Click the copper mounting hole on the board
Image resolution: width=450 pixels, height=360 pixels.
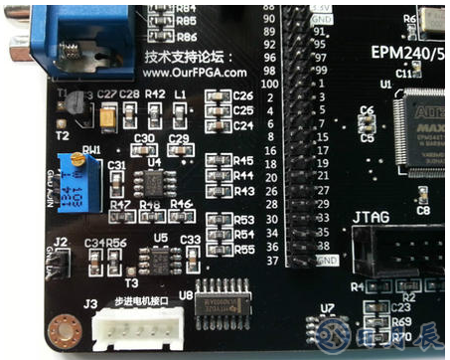pyautogui.click(x=66, y=327)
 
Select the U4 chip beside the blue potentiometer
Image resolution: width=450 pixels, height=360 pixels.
pyautogui.click(x=154, y=180)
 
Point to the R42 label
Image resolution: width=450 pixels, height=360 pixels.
pyautogui.click(x=155, y=93)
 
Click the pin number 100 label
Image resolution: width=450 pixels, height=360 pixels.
pyautogui.click(x=268, y=86)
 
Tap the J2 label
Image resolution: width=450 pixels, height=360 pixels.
pyautogui.click(x=61, y=242)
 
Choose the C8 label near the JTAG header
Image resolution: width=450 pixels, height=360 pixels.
pyautogui.click(x=423, y=210)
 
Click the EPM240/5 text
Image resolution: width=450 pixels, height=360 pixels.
pyautogui.click(x=407, y=52)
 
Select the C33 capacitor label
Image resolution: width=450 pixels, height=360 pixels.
pyautogui.click(x=191, y=239)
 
